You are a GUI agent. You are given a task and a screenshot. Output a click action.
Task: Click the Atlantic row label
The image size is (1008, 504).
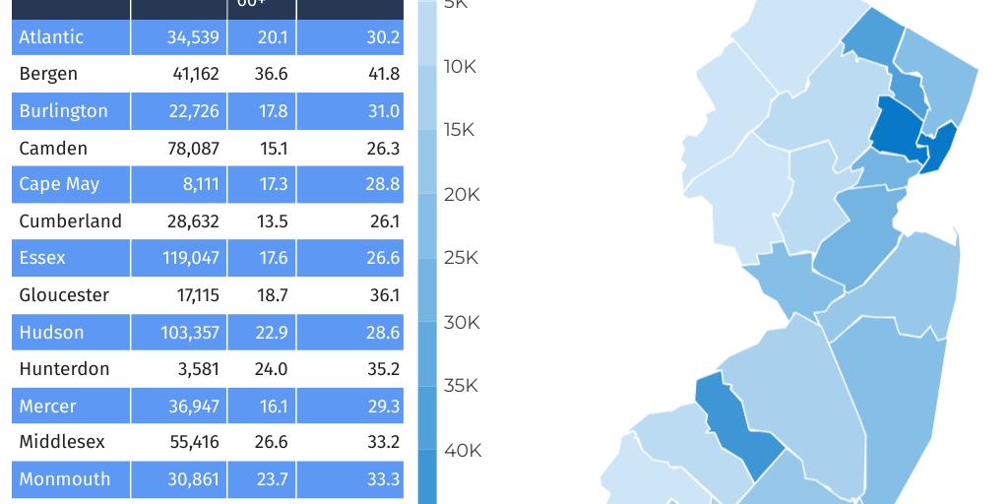51,37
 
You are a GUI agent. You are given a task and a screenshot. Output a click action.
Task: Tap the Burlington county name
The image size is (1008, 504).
63,111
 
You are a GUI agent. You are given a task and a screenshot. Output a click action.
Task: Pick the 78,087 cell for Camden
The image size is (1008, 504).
193,149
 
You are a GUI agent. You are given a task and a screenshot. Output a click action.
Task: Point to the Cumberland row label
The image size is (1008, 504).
70,221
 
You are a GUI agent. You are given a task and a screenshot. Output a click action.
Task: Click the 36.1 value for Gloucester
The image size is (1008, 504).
383,295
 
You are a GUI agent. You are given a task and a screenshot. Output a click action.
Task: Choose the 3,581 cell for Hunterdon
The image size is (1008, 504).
198,369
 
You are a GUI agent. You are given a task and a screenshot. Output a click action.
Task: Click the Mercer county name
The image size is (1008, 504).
47,407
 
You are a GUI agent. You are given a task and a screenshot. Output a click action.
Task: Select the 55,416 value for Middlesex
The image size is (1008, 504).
193,443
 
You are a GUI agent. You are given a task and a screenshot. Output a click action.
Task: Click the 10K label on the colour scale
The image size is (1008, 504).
460,67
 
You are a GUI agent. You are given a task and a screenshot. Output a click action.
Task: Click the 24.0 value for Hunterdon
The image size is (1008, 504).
273,369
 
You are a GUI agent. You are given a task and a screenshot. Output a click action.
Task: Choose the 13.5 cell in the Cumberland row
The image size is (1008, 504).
273,221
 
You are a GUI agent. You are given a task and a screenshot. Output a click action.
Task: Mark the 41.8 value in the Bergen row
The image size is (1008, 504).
383,74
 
